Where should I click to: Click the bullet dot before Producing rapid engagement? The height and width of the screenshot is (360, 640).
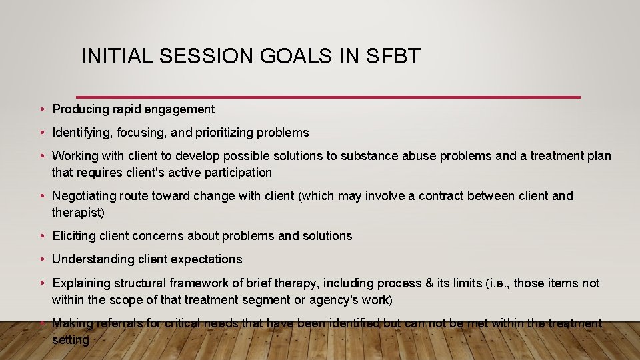click(x=42, y=109)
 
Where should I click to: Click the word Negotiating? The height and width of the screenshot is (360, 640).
click(x=83, y=196)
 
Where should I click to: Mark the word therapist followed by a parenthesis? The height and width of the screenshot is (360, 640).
click(x=78, y=213)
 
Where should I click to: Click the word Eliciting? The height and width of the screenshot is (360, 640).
click(x=75, y=236)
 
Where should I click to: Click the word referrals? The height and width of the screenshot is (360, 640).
click(x=121, y=323)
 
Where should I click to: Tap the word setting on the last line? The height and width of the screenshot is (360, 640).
click(x=71, y=340)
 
